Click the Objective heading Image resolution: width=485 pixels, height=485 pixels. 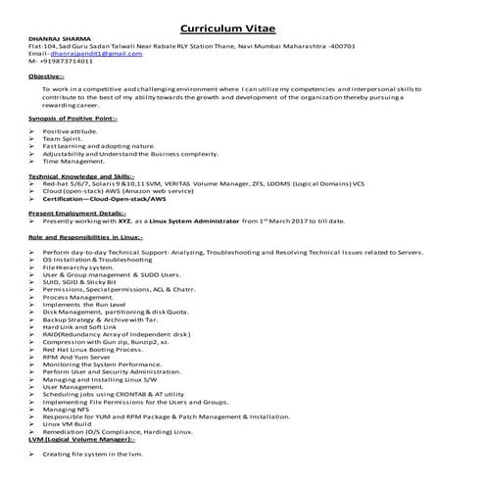(x=47, y=75)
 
